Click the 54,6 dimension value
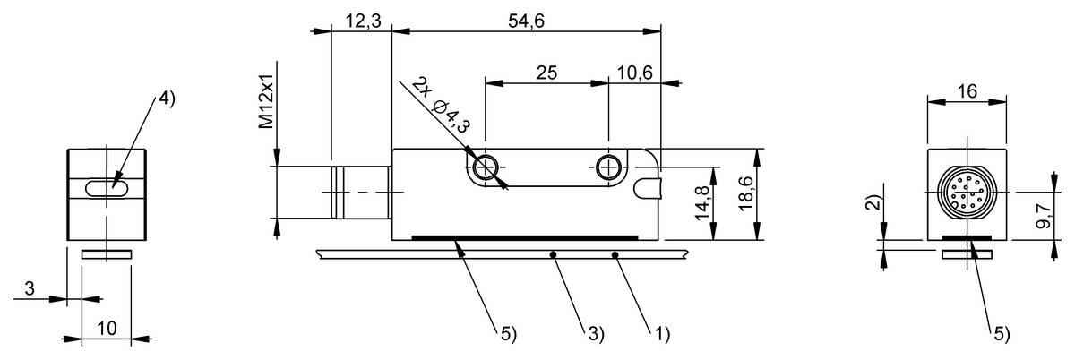tap(526, 21)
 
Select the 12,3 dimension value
tap(364, 21)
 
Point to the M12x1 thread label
tap(266, 101)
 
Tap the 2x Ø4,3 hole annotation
tap(442, 105)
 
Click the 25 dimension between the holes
tap(546, 73)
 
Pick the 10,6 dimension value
tap(634, 73)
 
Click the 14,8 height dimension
tap(702, 203)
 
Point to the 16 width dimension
tap(967, 91)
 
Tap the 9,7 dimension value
tap(1044, 217)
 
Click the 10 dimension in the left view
tap(107, 329)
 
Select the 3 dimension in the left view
tap(30, 288)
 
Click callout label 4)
tap(167, 99)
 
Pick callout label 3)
tap(596, 334)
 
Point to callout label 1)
tap(661, 334)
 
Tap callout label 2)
tap(874, 203)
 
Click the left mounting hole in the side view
tap(485, 168)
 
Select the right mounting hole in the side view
tap(608, 168)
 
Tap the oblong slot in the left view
tap(106, 188)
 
